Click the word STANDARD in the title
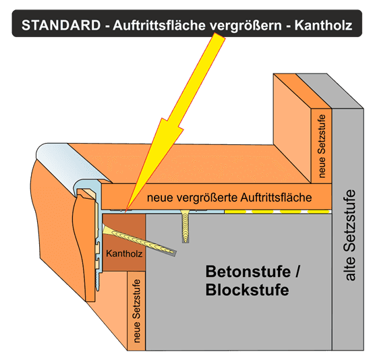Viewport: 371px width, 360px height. click(x=61, y=25)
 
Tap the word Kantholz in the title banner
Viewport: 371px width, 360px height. click(x=323, y=25)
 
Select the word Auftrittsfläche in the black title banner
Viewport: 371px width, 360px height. click(x=159, y=25)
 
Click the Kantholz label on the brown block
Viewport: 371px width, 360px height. click(x=124, y=253)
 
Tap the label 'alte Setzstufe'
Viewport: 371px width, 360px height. click(x=350, y=235)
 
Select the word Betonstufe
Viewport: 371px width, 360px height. click(x=248, y=272)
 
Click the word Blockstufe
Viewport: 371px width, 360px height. click(x=248, y=289)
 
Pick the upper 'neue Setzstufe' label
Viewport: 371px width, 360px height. click(x=321, y=146)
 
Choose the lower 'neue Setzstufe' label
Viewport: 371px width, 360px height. click(x=136, y=311)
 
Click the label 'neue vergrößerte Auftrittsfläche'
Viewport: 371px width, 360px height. click(x=229, y=198)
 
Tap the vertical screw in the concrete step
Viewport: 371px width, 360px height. click(x=185, y=226)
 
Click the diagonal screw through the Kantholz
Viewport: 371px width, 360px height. click(x=140, y=241)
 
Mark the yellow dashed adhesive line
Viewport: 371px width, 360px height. click(x=278, y=212)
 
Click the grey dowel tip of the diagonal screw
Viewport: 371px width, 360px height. click(x=171, y=253)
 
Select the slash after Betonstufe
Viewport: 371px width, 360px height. click(x=297, y=272)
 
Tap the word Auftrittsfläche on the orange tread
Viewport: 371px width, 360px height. click(x=276, y=198)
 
